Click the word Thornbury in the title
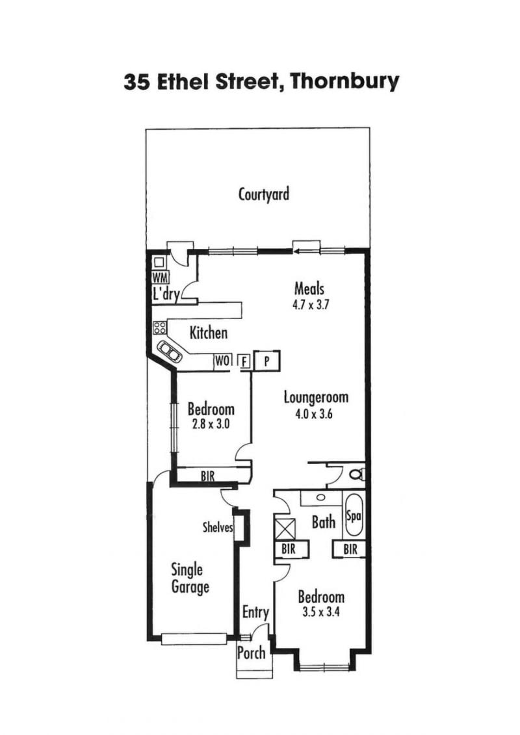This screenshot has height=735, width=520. point(344,82)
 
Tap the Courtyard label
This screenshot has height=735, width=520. point(264,194)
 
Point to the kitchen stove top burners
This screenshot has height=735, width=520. point(159,327)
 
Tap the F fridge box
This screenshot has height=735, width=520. point(244,361)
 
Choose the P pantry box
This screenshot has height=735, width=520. point(266,361)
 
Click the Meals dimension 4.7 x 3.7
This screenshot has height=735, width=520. point(311,305)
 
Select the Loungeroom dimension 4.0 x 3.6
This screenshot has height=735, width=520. point(314,414)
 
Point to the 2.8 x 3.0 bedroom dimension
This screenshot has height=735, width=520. point(211,424)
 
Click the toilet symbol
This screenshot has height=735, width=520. point(357,474)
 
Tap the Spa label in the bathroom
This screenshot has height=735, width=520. point(353,516)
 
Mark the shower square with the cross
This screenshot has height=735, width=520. point(287,529)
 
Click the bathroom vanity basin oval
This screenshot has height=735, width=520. point(321,497)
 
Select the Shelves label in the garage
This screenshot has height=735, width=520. point(218,527)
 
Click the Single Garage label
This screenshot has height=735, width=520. point(190,579)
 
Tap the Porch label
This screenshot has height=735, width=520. point(252,652)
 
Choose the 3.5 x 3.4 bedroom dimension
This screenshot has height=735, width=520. point(321,612)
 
